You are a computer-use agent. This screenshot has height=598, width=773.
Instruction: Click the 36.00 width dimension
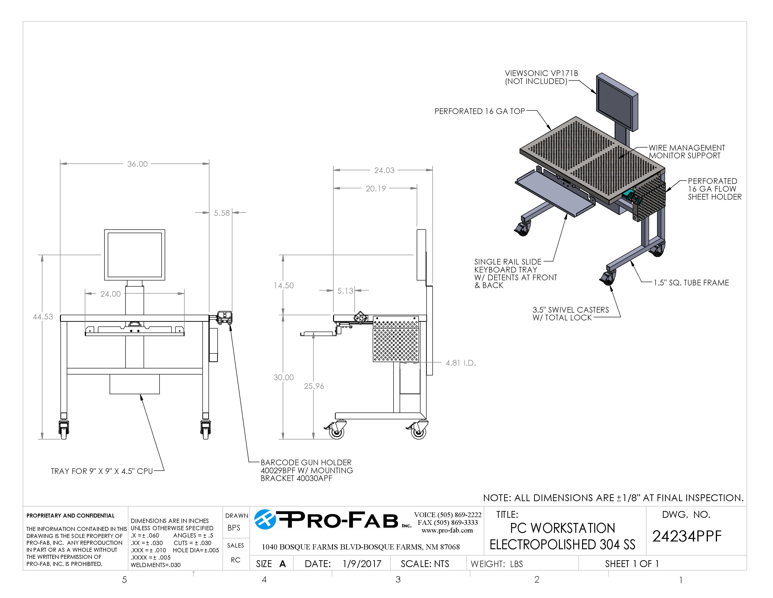(x=137, y=164)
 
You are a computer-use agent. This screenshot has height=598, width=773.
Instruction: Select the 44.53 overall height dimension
(x=43, y=317)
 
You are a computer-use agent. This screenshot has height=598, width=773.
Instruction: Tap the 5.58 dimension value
(x=222, y=213)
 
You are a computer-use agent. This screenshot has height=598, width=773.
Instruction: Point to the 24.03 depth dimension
(x=384, y=170)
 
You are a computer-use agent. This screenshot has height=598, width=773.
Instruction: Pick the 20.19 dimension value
(x=375, y=189)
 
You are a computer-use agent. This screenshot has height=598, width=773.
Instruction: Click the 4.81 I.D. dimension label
(x=461, y=363)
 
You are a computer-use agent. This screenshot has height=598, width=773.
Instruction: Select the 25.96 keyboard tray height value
(x=314, y=386)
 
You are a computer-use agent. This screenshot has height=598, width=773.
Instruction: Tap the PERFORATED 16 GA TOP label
(x=479, y=111)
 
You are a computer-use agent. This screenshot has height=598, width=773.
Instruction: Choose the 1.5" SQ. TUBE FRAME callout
(x=691, y=283)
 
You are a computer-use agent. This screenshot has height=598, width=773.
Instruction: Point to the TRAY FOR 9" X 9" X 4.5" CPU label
(x=102, y=471)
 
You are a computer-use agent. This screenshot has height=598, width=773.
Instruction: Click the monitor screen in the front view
(x=134, y=255)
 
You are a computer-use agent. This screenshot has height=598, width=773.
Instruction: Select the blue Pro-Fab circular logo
(x=265, y=520)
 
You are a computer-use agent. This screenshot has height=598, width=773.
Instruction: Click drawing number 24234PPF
(x=687, y=536)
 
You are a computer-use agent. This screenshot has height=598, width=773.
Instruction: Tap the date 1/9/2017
(x=362, y=564)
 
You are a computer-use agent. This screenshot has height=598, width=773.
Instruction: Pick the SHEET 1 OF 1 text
(x=632, y=564)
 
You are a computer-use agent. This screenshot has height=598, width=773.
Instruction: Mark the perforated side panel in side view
(x=396, y=339)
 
